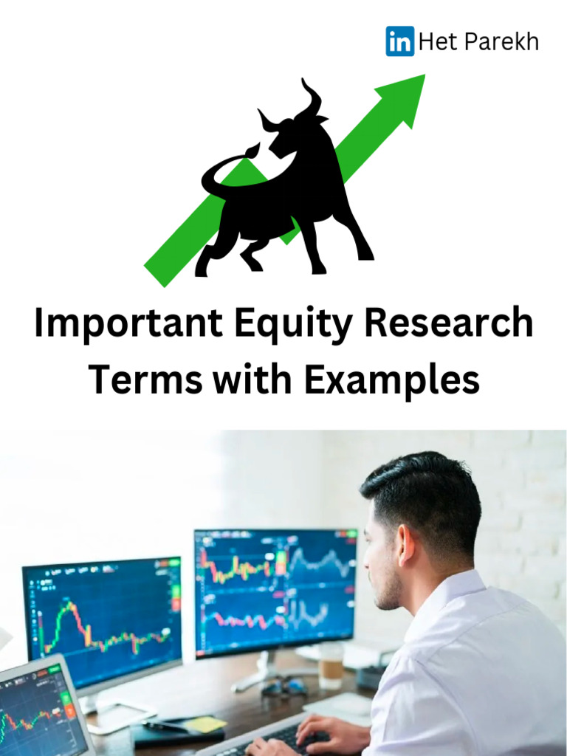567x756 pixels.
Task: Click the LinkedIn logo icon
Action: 399,41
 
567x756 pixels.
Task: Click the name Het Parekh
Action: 478,42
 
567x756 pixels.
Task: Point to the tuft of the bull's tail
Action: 253,151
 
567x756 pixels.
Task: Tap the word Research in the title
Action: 441,325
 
